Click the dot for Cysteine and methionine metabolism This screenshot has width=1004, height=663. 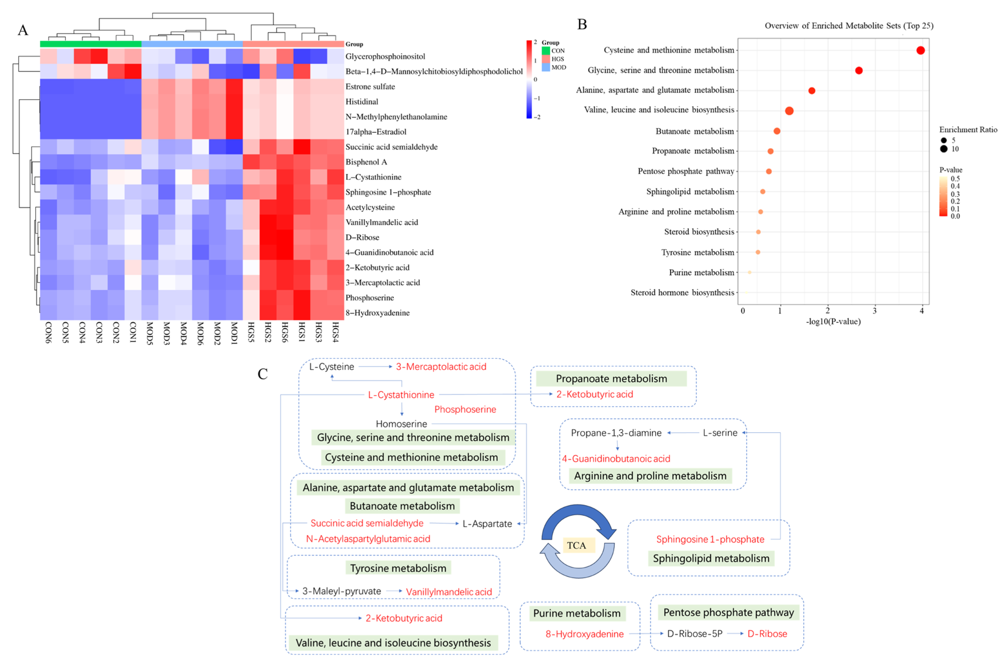921,50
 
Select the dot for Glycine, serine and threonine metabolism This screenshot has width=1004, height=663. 859,71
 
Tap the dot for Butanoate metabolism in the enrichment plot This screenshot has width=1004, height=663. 777,131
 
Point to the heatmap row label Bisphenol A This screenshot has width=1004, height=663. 366,162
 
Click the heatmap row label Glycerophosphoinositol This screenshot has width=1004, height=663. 385,56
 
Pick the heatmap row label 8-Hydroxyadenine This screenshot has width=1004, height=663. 377,313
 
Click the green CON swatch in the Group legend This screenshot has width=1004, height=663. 546,51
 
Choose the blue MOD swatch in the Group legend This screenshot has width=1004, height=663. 546,67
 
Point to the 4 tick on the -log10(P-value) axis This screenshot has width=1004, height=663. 922,311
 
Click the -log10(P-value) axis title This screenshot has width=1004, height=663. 833,321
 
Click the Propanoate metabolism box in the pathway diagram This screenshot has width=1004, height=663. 611,378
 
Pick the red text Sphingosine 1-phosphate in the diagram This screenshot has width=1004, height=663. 710,539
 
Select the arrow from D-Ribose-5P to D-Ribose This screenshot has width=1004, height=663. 735,633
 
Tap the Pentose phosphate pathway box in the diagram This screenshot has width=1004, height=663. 728,612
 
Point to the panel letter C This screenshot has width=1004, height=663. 263,374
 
